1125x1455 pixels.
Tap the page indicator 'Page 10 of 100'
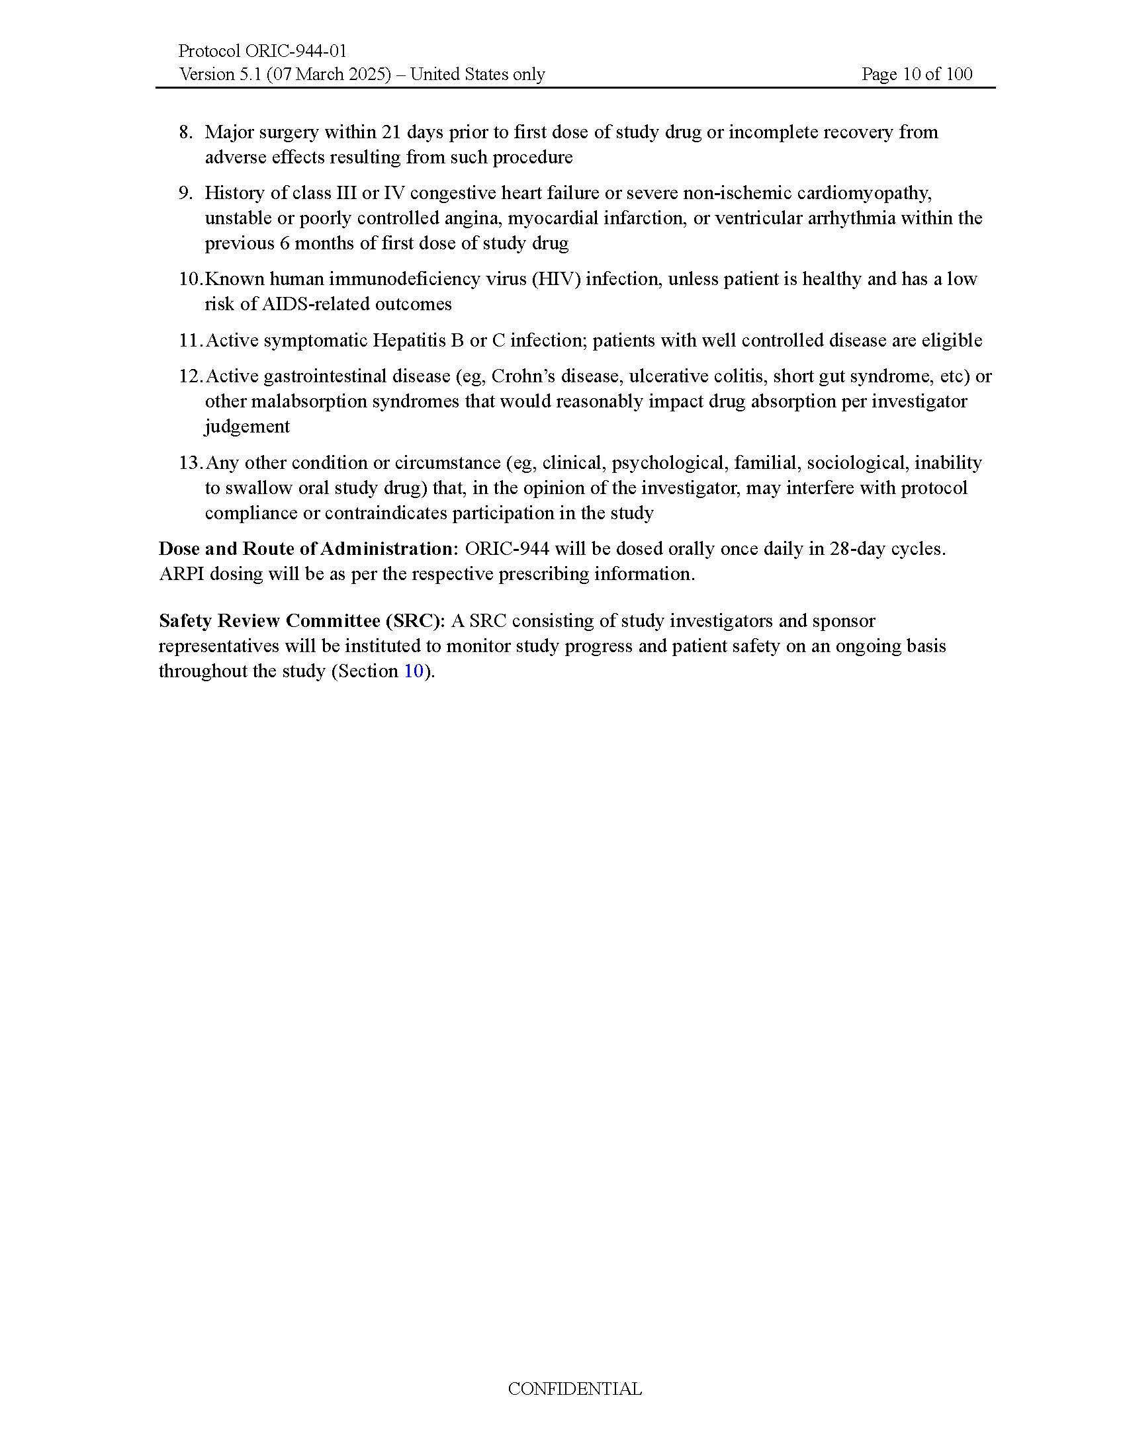[x=917, y=74]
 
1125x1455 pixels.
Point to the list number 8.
[x=185, y=132]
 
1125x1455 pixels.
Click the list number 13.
[x=190, y=462]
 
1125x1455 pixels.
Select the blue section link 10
[x=413, y=671]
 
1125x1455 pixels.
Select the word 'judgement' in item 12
[x=247, y=427]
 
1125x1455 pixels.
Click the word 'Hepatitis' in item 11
[x=408, y=341]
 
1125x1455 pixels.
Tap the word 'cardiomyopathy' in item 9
[x=865, y=193]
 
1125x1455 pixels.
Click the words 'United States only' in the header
[x=477, y=74]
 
